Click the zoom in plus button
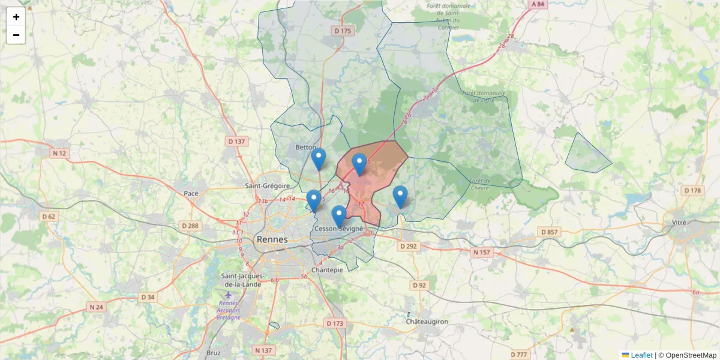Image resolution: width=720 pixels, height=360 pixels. point(16,17)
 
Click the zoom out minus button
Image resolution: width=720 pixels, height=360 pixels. point(16,35)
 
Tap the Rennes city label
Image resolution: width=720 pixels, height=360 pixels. point(272,239)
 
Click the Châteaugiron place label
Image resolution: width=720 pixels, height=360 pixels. point(427,322)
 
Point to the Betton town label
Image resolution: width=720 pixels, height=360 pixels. point(306,147)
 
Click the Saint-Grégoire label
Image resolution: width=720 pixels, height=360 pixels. point(268,186)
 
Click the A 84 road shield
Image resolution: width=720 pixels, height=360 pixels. point(538,4)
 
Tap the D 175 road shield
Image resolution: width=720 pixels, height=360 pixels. point(343,31)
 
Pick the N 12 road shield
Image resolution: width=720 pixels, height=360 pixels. point(59,153)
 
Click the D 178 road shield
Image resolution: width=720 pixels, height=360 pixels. point(692,190)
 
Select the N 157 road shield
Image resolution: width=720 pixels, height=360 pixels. point(481,253)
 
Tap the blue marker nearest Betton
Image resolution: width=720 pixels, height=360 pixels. point(319,159)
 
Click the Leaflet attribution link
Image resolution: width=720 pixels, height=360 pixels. point(641,355)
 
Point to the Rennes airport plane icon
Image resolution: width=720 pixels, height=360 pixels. point(228,295)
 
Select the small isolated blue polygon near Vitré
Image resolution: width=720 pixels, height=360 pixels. point(586,154)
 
